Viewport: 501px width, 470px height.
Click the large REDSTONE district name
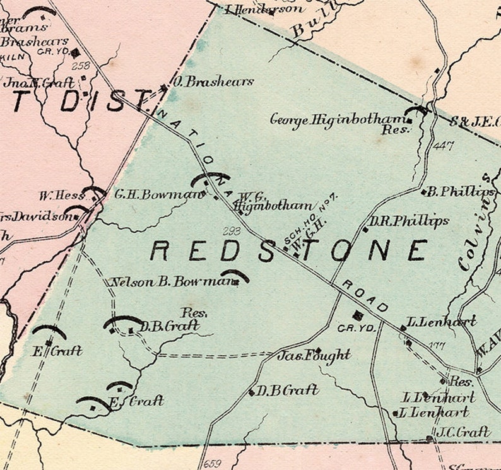[x=288, y=250]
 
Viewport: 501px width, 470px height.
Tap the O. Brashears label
[x=213, y=81]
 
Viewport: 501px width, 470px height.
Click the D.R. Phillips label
[x=410, y=221]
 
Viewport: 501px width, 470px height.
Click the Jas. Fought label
[x=314, y=356]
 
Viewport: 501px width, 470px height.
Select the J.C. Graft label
[x=463, y=432]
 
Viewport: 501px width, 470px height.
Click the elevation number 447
[x=444, y=146]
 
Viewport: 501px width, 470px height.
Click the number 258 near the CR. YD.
[x=81, y=65]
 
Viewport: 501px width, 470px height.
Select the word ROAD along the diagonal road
[x=365, y=295]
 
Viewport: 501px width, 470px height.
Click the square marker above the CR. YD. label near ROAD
[x=358, y=315]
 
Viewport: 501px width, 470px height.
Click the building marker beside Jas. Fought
[x=317, y=350]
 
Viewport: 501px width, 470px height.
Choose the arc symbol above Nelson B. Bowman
[x=234, y=274]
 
